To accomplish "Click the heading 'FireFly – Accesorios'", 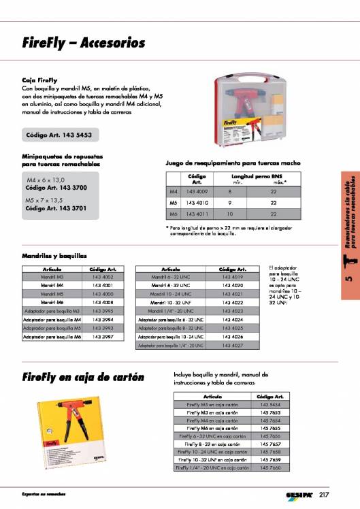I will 84,44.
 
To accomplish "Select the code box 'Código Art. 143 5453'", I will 61,135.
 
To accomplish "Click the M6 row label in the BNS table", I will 173,214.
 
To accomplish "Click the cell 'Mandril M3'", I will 52,278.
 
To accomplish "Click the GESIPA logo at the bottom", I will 299,493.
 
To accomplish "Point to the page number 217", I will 323,493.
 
